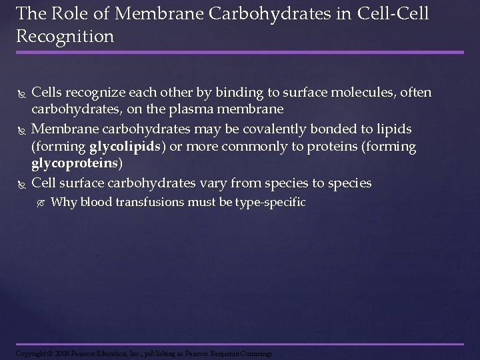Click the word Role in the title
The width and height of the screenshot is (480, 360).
[63, 13]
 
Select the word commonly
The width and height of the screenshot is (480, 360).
[254, 146]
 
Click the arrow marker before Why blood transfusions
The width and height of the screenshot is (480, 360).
[41, 203]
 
